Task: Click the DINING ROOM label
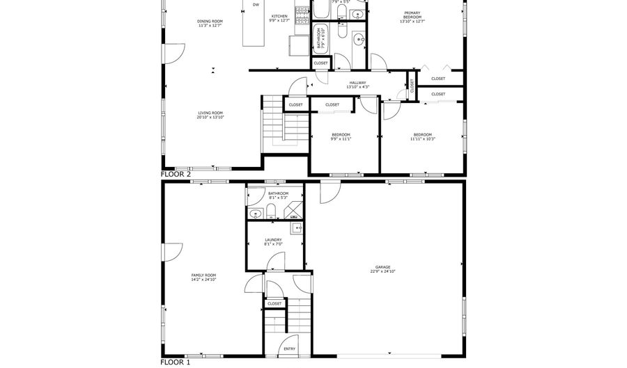[x=210, y=22]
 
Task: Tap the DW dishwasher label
[x=256, y=5]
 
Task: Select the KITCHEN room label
[x=279, y=16]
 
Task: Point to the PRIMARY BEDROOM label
[x=412, y=17]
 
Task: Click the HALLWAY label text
[x=358, y=83]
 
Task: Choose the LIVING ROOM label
[x=210, y=113]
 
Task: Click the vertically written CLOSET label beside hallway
[x=412, y=86]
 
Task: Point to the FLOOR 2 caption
[x=176, y=175]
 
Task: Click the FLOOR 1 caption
[x=176, y=362]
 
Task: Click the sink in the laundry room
[x=297, y=227]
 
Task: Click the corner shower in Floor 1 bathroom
[x=295, y=211]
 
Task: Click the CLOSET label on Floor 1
[x=274, y=303]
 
